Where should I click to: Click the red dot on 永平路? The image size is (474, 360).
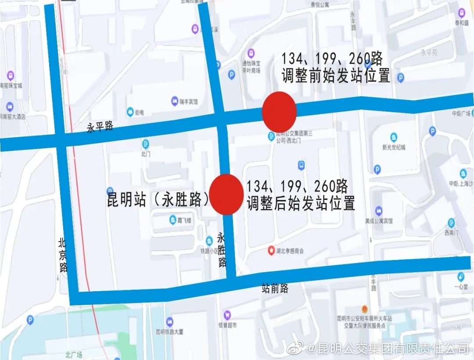click(x=279, y=111)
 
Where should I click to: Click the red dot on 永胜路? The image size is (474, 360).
click(x=226, y=194)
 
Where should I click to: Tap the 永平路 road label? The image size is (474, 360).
click(x=100, y=127)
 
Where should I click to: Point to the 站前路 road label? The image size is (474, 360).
click(x=275, y=288)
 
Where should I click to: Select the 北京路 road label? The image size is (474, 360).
click(x=63, y=255)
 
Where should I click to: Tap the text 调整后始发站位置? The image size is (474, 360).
click(x=301, y=203)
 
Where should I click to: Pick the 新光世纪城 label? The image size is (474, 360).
click(x=394, y=147)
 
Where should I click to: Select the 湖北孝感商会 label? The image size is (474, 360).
click(x=290, y=252)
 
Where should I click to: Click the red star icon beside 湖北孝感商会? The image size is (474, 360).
click(x=271, y=251)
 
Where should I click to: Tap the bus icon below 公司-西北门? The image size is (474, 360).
click(x=301, y=165)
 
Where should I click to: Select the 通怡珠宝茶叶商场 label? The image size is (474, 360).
click(x=251, y=67)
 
